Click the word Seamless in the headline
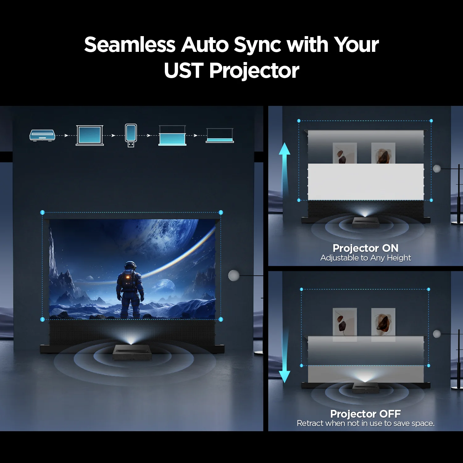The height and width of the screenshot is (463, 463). pos(130,45)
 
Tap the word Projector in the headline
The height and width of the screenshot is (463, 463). pos(254,71)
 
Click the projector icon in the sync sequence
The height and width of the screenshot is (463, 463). pos(42,135)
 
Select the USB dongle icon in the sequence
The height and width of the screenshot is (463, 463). pos(131,135)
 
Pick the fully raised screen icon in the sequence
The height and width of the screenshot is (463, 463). pos(90,135)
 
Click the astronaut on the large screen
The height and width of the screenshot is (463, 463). pos(130,290)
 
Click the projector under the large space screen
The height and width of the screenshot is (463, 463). pos(132,352)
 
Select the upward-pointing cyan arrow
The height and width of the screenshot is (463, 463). pos(284,168)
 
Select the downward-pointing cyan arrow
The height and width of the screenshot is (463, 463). pos(284,355)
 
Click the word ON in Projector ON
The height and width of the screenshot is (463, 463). pos(390,248)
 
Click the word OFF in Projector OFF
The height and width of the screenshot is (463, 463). pos(390,414)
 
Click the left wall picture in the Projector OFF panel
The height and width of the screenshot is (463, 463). pos(345,322)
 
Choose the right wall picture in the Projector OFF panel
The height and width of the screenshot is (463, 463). pos(383,322)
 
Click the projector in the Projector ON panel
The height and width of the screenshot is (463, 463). pos(365,222)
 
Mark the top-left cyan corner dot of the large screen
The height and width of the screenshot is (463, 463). pos(43,212)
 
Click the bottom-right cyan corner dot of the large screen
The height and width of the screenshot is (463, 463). pos(221,319)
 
